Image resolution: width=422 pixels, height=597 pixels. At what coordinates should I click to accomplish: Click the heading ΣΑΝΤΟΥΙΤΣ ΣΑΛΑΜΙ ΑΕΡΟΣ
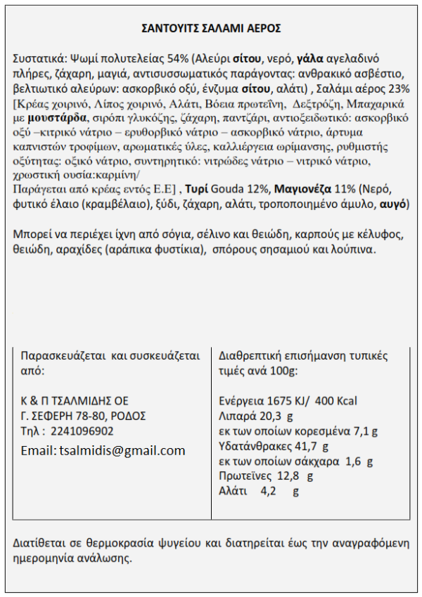211,28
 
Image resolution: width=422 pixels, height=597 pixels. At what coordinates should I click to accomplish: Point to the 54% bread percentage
176,58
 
